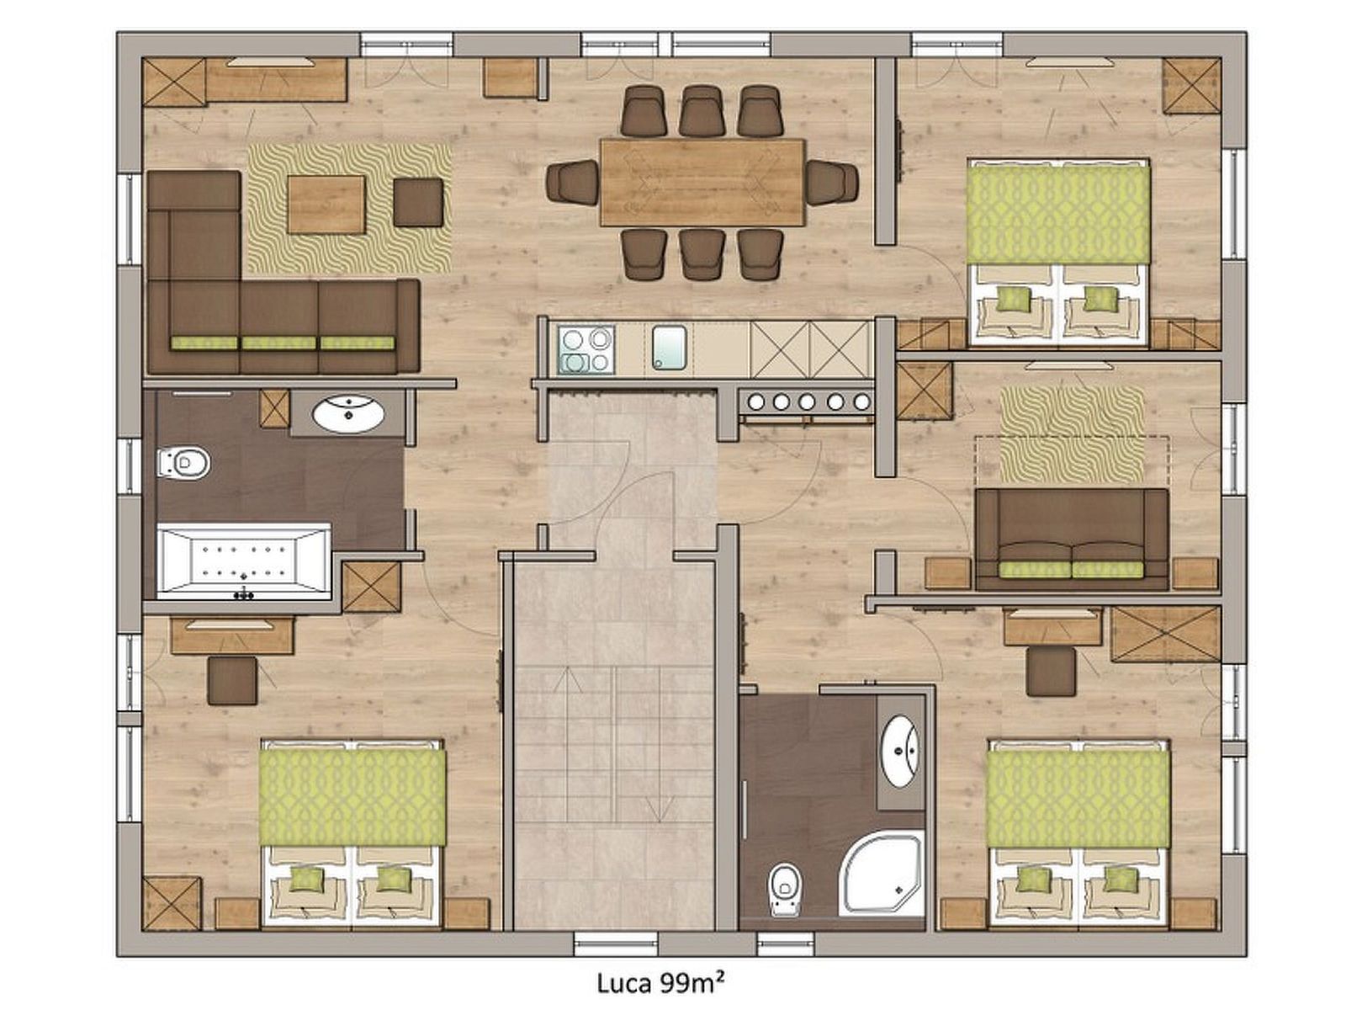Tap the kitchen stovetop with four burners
click(x=586, y=349)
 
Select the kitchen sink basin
click(x=669, y=348)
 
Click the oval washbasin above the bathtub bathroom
click(x=348, y=414)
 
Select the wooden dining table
click(x=702, y=182)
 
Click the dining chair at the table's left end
click(x=572, y=182)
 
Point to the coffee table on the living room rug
click(x=326, y=205)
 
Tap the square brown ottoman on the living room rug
click(x=418, y=202)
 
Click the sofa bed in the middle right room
click(x=1071, y=539)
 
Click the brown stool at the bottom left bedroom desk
click(x=232, y=681)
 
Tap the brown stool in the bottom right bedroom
click(x=1051, y=672)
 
